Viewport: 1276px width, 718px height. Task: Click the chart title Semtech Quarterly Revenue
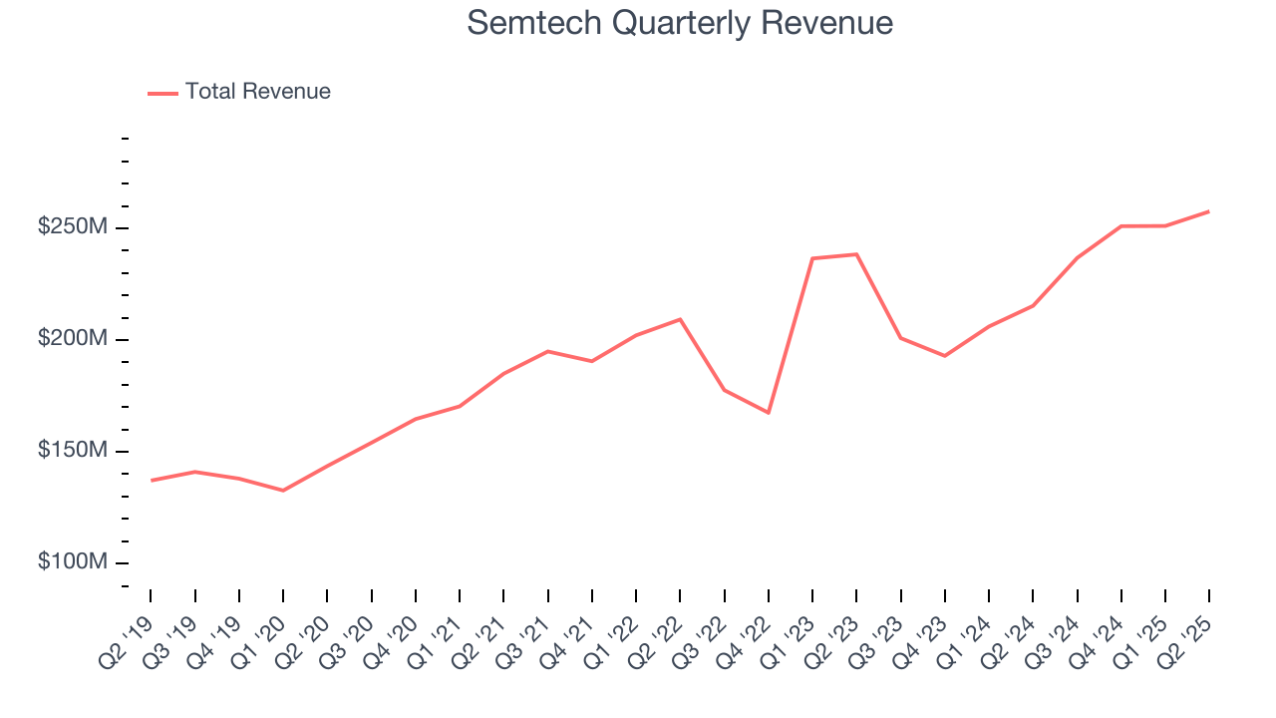point(679,23)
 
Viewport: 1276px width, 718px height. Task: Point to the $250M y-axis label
point(72,227)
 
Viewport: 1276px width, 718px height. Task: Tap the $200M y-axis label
point(72,339)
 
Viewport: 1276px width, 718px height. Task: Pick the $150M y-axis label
point(72,451)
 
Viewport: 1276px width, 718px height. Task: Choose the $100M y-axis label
point(72,562)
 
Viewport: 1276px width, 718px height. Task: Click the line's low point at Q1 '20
point(283,491)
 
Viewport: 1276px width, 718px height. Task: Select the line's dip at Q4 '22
point(769,413)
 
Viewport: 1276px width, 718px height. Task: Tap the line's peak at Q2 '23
point(856,254)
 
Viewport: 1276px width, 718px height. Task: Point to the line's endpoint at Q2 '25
point(1209,211)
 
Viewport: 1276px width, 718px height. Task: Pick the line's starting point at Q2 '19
point(152,481)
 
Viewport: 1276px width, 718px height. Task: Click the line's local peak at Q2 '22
point(680,319)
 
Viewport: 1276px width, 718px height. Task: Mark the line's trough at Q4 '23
point(944,356)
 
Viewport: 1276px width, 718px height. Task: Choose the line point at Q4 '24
point(1121,226)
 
